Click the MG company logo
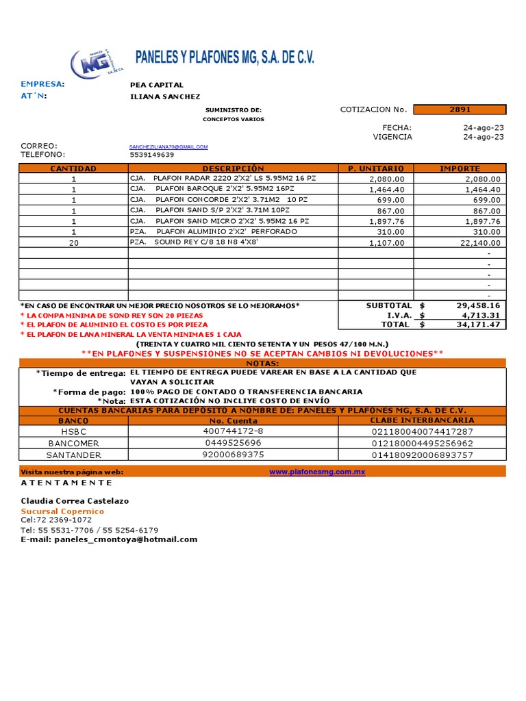(97, 64)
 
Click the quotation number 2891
(460, 110)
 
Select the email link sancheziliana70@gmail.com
(168, 146)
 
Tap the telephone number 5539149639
(152, 155)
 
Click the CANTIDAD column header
(73, 168)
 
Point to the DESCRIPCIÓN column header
(233, 168)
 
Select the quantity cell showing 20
(73, 242)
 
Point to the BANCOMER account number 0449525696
(233, 443)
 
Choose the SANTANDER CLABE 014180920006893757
(422, 455)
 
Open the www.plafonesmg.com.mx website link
(316, 472)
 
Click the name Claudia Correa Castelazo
(75, 501)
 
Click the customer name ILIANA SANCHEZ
(165, 97)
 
